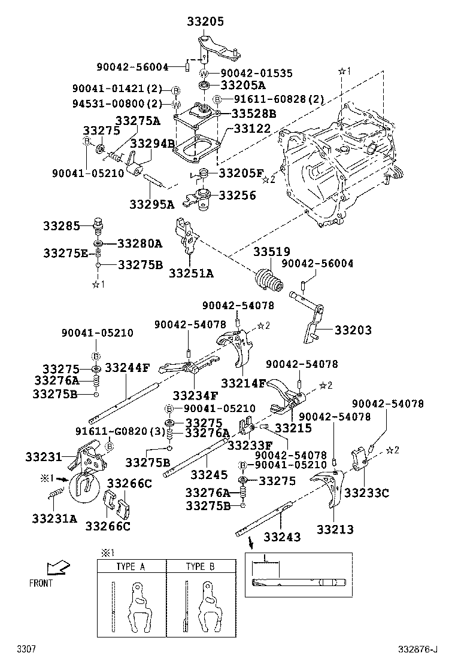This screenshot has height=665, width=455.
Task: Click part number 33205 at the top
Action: tap(206, 22)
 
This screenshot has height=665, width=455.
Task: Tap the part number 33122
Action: tap(252, 129)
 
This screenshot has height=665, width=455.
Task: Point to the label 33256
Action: tap(237, 195)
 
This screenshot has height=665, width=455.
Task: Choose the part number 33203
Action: tap(353, 330)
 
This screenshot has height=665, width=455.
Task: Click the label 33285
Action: tap(61, 227)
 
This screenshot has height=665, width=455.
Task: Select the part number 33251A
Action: tap(191, 273)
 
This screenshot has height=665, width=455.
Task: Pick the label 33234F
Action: tap(195, 395)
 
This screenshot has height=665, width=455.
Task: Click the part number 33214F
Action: tap(243, 383)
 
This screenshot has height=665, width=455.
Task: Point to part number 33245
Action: tap(209, 475)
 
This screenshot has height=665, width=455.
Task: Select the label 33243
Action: tap(282, 537)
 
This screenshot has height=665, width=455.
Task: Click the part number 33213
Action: tap(335, 529)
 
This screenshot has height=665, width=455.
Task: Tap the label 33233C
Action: tap(367, 493)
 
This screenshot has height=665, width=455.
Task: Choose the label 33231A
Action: tap(55, 518)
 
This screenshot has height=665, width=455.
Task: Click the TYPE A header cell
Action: tap(131, 566)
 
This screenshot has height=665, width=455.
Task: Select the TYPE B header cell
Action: tap(199, 566)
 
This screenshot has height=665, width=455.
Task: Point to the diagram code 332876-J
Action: tap(417, 649)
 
